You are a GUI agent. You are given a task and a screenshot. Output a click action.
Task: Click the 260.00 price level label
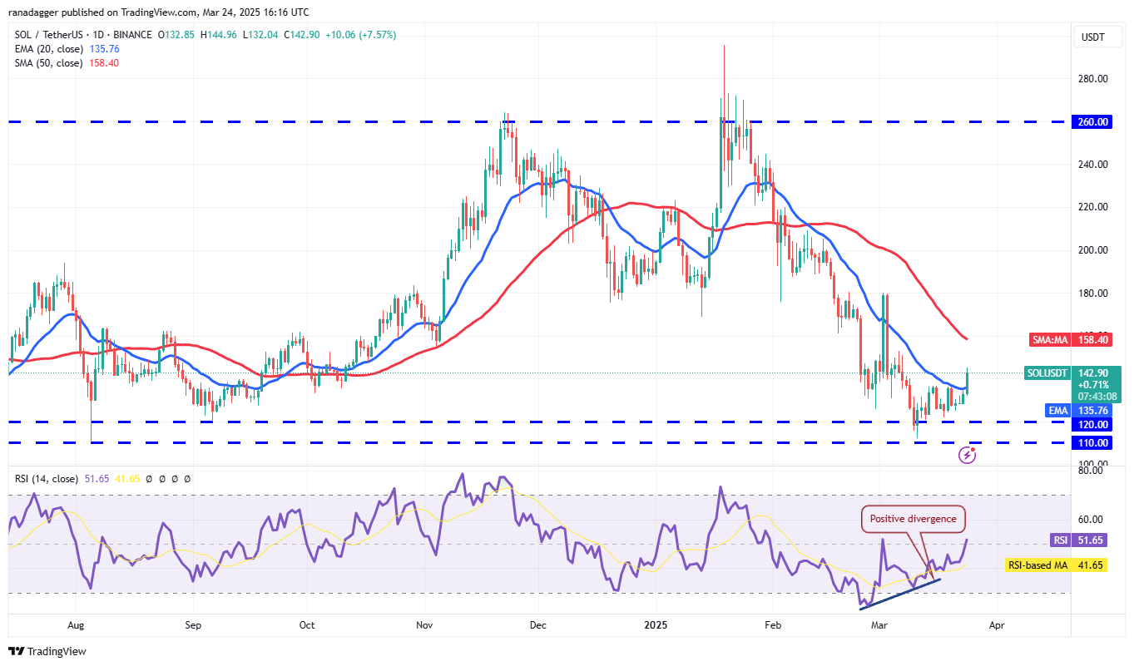1093,121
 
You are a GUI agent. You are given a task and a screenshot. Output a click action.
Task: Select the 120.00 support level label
1093,424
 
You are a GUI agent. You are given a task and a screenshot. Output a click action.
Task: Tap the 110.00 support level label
1093,443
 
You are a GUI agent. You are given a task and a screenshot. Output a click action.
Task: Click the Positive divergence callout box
913,519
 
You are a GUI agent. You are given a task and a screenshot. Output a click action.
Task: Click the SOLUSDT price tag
1047,373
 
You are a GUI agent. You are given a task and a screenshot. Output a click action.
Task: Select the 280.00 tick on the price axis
1093,79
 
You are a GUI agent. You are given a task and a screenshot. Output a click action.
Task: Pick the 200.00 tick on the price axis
1093,250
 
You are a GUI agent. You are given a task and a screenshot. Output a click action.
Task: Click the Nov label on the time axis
424,624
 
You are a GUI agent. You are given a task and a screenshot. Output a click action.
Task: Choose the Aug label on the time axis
76,624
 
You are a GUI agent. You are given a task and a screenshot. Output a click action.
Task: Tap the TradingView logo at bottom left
47,651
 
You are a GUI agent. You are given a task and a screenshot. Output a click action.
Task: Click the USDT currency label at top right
1092,37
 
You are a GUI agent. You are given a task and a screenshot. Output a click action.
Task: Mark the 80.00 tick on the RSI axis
1092,471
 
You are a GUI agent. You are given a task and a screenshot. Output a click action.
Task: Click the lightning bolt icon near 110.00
968,454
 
